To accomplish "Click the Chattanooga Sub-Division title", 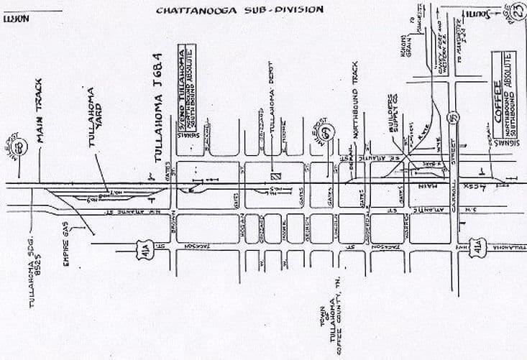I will [x=240, y=10].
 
